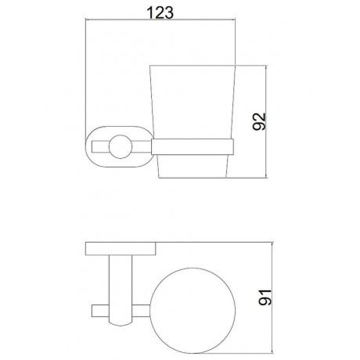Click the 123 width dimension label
(x=160, y=13)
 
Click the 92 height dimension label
(x=260, y=121)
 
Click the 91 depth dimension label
(x=265, y=297)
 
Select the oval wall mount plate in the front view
(x=86, y=146)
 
